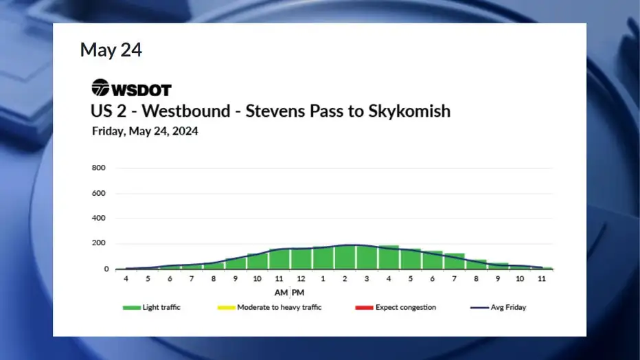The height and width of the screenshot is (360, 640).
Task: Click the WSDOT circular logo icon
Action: point(100,87)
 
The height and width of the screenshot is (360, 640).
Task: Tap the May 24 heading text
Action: point(111,49)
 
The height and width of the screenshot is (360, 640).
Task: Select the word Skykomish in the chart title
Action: point(409,111)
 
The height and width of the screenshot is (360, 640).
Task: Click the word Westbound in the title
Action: point(186,111)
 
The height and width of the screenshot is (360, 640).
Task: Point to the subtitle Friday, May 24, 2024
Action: point(145,131)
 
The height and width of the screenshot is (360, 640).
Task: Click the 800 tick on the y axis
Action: point(98,168)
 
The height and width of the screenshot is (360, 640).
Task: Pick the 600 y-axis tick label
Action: point(98,193)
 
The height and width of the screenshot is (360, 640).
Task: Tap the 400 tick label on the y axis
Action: point(98,218)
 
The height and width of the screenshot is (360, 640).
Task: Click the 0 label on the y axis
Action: point(106,269)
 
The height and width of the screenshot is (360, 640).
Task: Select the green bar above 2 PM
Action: point(345,257)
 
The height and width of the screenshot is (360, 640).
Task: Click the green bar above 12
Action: point(301,259)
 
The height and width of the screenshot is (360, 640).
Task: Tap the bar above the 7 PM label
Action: point(455,261)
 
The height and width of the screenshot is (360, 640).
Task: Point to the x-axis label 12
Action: point(301,279)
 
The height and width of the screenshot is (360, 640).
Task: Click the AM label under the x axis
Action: point(281,293)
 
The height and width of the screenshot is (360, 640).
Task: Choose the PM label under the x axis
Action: point(298,293)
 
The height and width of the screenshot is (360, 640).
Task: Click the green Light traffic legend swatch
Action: point(131,308)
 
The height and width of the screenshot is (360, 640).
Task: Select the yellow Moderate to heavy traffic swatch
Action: point(227,308)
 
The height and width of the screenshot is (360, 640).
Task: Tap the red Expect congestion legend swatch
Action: point(364,308)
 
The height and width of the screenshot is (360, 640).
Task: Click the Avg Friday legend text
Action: point(508,307)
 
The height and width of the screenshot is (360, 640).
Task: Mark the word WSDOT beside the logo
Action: point(141,90)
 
